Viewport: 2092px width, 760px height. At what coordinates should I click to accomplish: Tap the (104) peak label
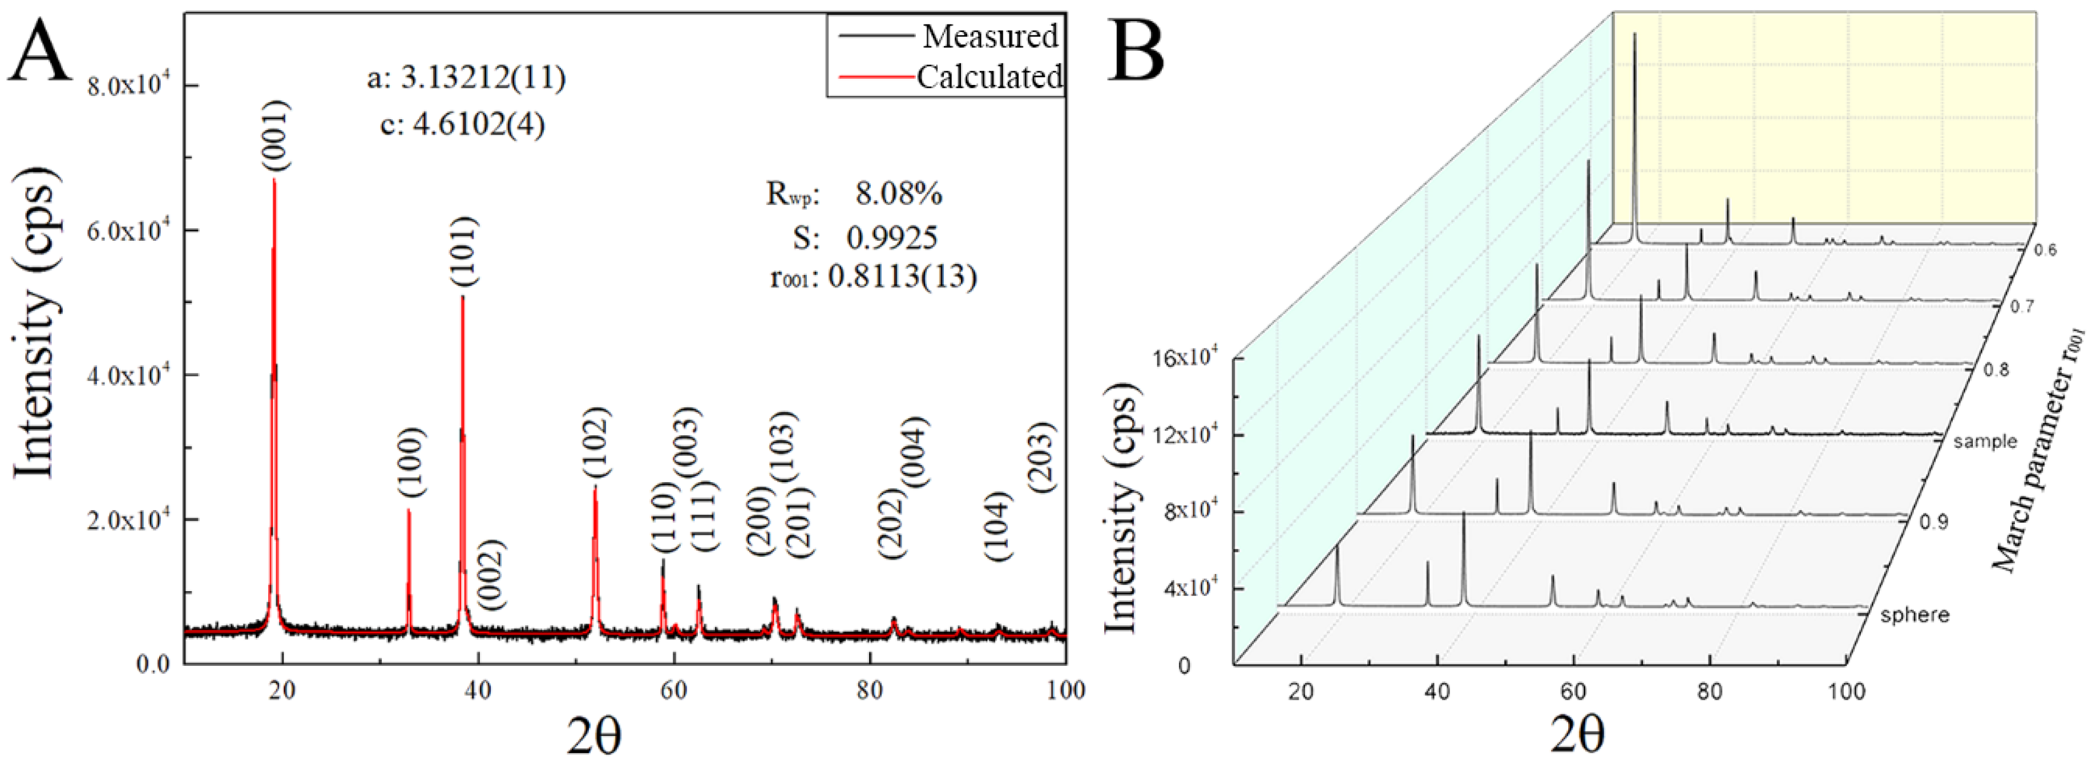[x=997, y=526]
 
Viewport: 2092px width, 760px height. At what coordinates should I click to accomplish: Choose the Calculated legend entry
[x=989, y=77]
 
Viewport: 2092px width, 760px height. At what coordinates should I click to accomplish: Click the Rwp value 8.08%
[x=898, y=193]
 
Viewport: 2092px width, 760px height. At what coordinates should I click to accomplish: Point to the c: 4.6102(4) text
[x=463, y=124]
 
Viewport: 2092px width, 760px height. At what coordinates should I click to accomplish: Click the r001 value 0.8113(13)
[x=902, y=277]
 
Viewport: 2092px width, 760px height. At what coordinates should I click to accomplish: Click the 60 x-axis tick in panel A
[x=673, y=691]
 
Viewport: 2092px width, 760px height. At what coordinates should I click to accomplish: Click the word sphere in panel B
[x=1914, y=615]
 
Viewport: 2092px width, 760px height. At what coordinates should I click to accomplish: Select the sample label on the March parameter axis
[x=1985, y=441]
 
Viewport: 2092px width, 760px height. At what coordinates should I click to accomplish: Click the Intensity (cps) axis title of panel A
[x=37, y=329]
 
